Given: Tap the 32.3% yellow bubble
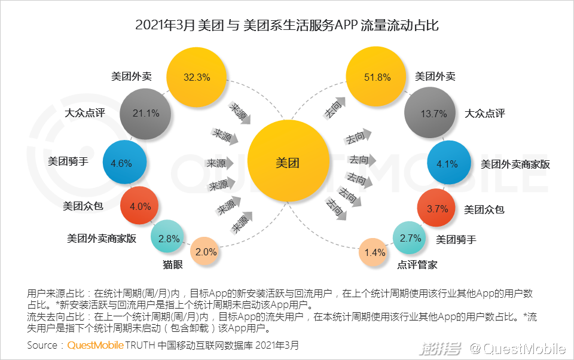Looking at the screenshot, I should click(x=197, y=77).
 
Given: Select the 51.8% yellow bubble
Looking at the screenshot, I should click(x=377, y=77).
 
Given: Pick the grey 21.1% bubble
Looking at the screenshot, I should click(x=146, y=113).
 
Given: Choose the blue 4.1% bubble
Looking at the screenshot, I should click(x=447, y=163).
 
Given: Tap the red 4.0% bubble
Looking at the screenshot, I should click(x=141, y=206).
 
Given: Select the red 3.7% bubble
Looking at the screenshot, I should click(x=437, y=209).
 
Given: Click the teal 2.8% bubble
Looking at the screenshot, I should click(x=169, y=238).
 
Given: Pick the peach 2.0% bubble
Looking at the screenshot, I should click(x=206, y=252).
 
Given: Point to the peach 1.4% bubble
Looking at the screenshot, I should click(x=375, y=252).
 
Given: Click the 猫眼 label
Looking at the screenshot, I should click(x=172, y=264).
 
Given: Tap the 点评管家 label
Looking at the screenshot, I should click(x=417, y=264).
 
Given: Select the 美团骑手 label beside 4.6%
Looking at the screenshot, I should click(x=68, y=161).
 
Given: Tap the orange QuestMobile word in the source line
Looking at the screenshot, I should click(x=95, y=346).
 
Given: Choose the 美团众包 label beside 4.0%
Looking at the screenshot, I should click(x=83, y=206).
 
